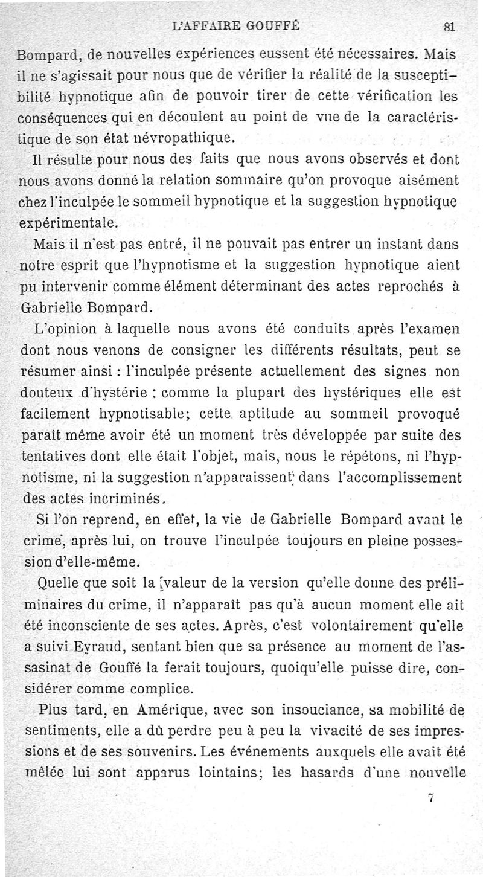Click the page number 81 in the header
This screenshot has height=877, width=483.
click(449, 27)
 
